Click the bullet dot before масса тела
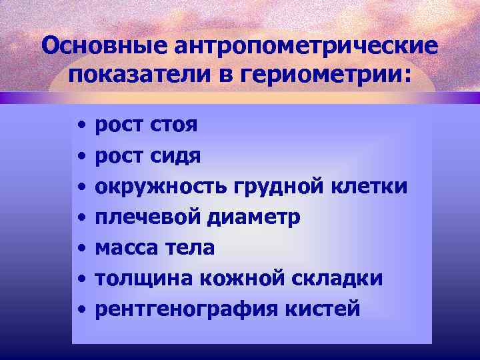tap(80, 249)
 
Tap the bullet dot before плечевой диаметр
tap(80, 218)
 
